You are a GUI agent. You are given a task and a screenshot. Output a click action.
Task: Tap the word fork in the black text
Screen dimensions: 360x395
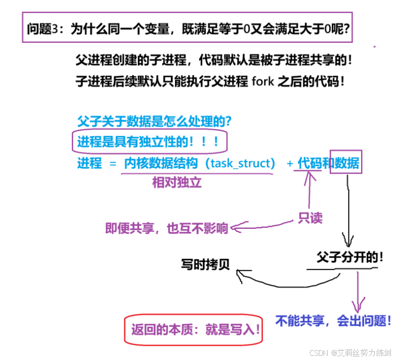click(263, 83)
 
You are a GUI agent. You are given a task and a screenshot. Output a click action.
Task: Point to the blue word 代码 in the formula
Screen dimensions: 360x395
click(309, 163)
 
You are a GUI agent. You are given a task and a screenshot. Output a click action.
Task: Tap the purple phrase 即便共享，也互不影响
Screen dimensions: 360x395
click(167, 228)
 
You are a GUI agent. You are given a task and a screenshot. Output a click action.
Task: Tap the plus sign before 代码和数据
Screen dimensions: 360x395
click(289, 164)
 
